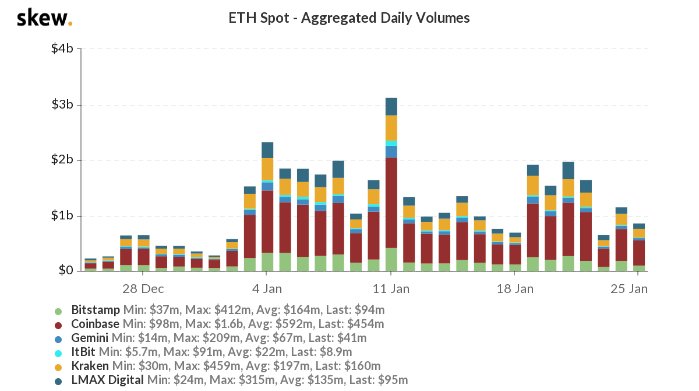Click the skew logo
pos(44,18)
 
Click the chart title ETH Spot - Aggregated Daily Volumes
pos(349,18)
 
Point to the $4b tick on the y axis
pos(61,48)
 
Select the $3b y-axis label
pos(61,105)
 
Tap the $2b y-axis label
pos(61,160)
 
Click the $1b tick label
pos(61,216)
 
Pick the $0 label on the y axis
pos(65,271)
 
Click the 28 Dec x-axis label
pos(143,289)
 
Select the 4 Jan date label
pos(267,289)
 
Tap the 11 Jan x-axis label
pos(391,289)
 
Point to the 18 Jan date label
pos(516,289)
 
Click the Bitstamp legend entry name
pos(96,309)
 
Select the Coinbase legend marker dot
pos(58,324)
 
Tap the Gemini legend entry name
pos(90,337)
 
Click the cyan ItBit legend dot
pos(58,352)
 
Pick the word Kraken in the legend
pos(90,366)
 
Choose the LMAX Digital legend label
pos(107,380)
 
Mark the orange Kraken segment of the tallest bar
pos(391,128)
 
